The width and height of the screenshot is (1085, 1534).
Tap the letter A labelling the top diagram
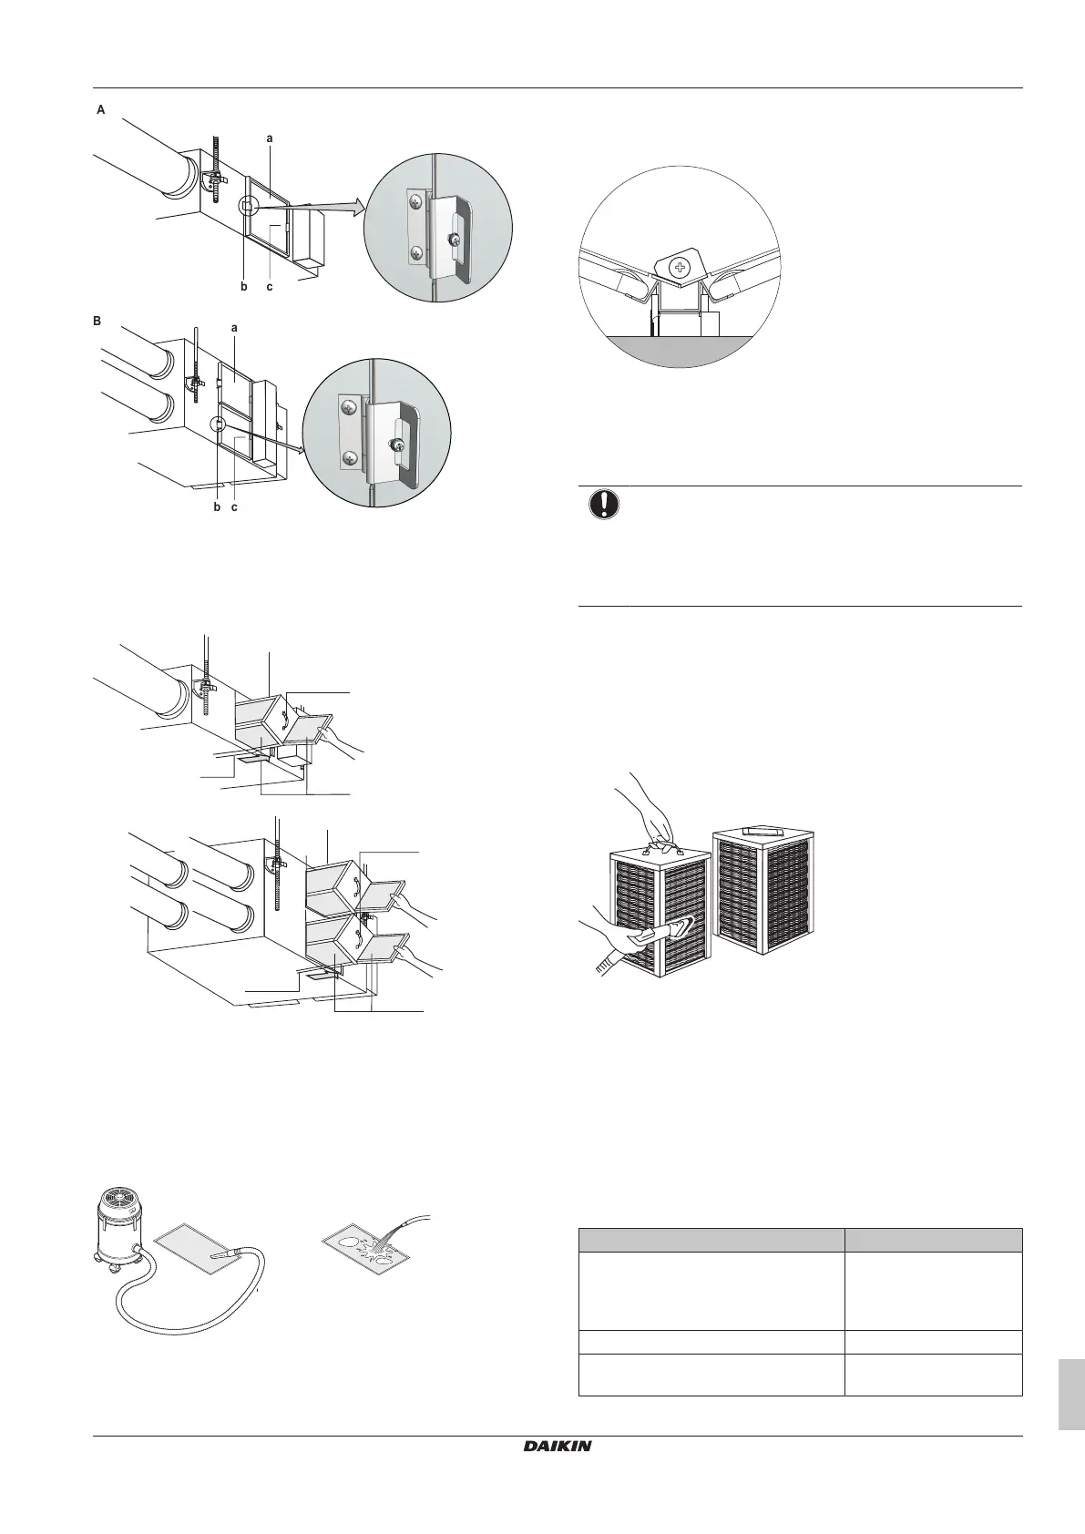point(101,109)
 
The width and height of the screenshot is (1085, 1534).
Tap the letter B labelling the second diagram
point(98,322)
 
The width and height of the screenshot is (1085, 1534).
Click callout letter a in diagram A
point(270,138)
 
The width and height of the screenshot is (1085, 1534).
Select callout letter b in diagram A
point(243,286)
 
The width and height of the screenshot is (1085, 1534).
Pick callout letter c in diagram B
point(234,506)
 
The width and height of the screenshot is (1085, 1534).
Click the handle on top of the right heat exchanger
point(763,831)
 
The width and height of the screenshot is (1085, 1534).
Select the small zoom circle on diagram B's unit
point(219,424)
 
